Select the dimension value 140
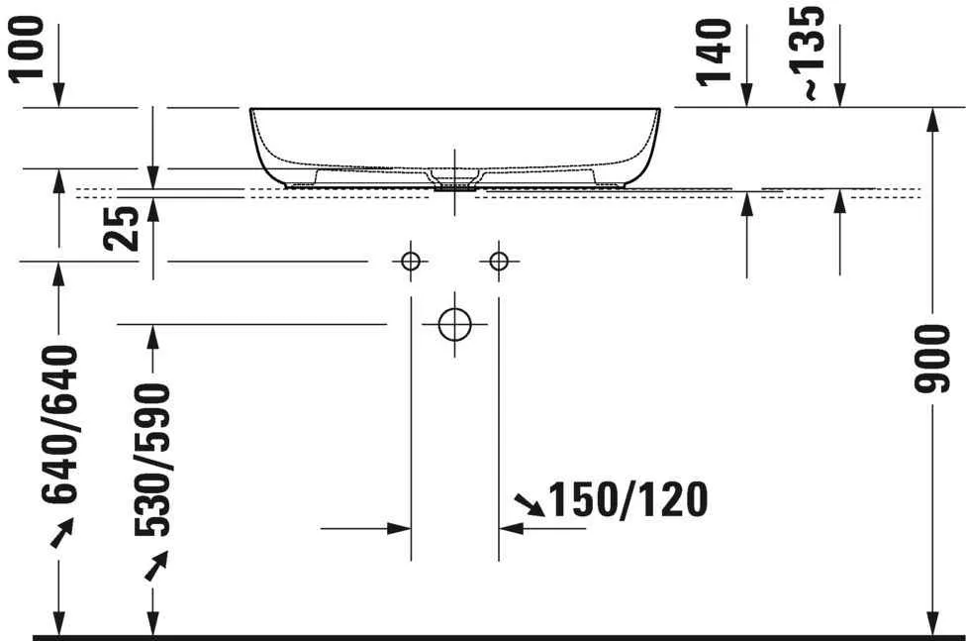pyautogui.click(x=716, y=52)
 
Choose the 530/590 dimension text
pyautogui.click(x=153, y=459)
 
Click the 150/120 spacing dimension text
pyautogui.click(x=628, y=500)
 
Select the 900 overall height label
pyautogui.click(x=931, y=358)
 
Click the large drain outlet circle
pyautogui.click(x=454, y=324)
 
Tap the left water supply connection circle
pyautogui.click(x=411, y=262)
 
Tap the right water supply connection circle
pyautogui.click(x=498, y=262)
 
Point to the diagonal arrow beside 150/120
pyautogui.click(x=531, y=505)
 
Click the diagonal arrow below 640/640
pyautogui.click(x=60, y=534)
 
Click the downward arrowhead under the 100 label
pyautogui.click(x=59, y=96)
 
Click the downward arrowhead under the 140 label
pyautogui.click(x=746, y=96)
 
